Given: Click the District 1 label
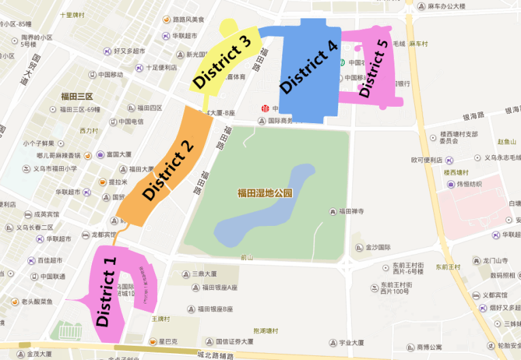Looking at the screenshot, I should point(108,289).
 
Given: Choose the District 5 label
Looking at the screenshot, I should point(373,69).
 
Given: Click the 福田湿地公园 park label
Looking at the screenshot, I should point(265,193).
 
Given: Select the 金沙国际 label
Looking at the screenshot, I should point(377,247).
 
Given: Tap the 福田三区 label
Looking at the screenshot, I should point(77,97).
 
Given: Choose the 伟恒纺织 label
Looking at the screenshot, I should point(469,184).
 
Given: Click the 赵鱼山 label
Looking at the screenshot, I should point(507,142).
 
